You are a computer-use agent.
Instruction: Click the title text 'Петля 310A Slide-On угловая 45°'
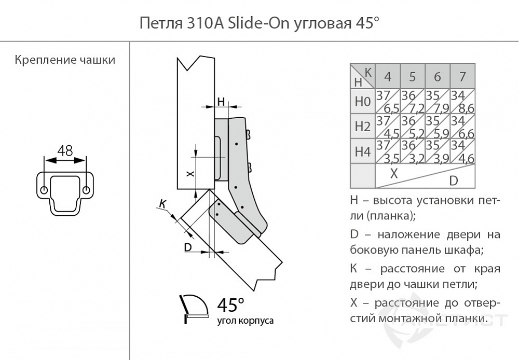coord(256,24)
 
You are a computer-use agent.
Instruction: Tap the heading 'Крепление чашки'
coord(65,60)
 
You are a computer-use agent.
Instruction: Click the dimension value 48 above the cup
coord(65,150)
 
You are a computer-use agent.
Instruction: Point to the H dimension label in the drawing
coord(221,101)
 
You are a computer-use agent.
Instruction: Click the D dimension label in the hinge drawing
coord(188,247)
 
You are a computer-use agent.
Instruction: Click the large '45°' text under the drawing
coord(230,304)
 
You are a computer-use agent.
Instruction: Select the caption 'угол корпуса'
coord(245,321)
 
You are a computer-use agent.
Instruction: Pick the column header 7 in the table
coord(462,77)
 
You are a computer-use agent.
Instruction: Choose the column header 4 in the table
coord(388,77)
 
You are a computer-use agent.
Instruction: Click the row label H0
coord(362,102)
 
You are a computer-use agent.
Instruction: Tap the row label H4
coord(362,151)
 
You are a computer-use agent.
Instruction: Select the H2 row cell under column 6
coord(437,127)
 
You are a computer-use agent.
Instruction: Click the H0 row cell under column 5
coord(413,102)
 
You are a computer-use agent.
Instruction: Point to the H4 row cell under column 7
coord(462,151)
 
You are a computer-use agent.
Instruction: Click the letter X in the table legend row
coord(394,173)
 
